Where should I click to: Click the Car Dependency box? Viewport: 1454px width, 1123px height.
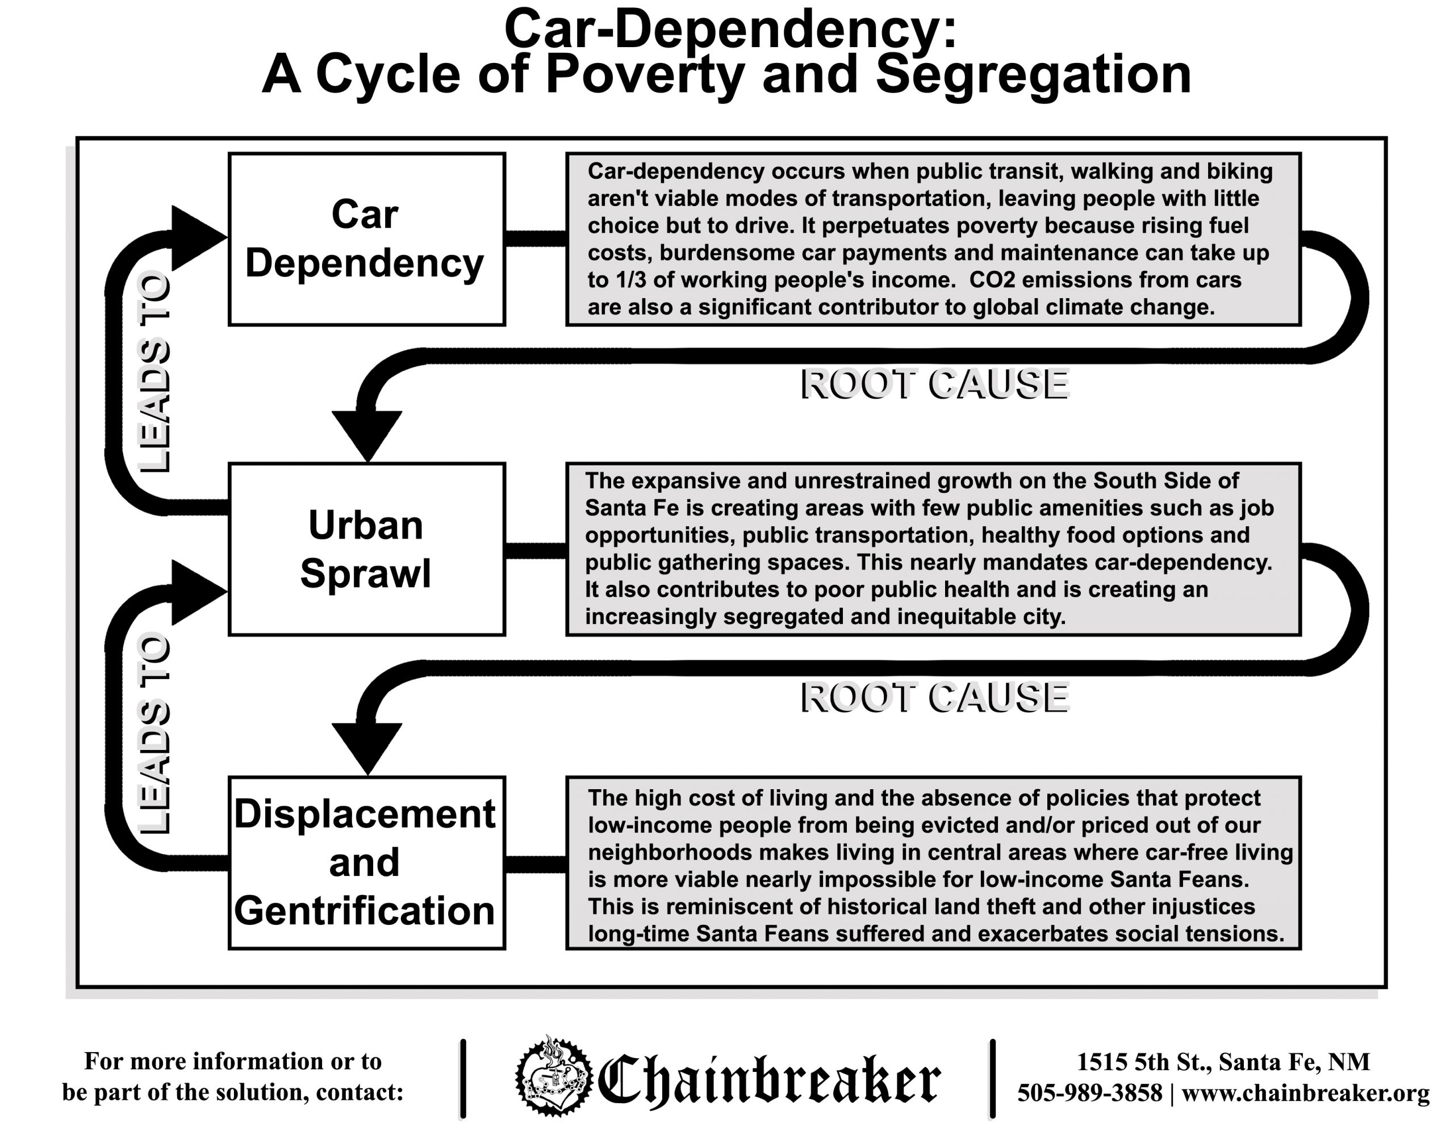point(366,239)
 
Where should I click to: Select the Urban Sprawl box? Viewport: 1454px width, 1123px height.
point(366,549)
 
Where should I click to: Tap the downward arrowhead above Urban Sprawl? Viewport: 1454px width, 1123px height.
point(367,432)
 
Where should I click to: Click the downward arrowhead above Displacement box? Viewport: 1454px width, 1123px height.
point(367,745)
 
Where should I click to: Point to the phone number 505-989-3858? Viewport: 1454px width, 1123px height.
point(1089,1092)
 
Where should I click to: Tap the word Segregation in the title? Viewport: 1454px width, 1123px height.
point(1033,74)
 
